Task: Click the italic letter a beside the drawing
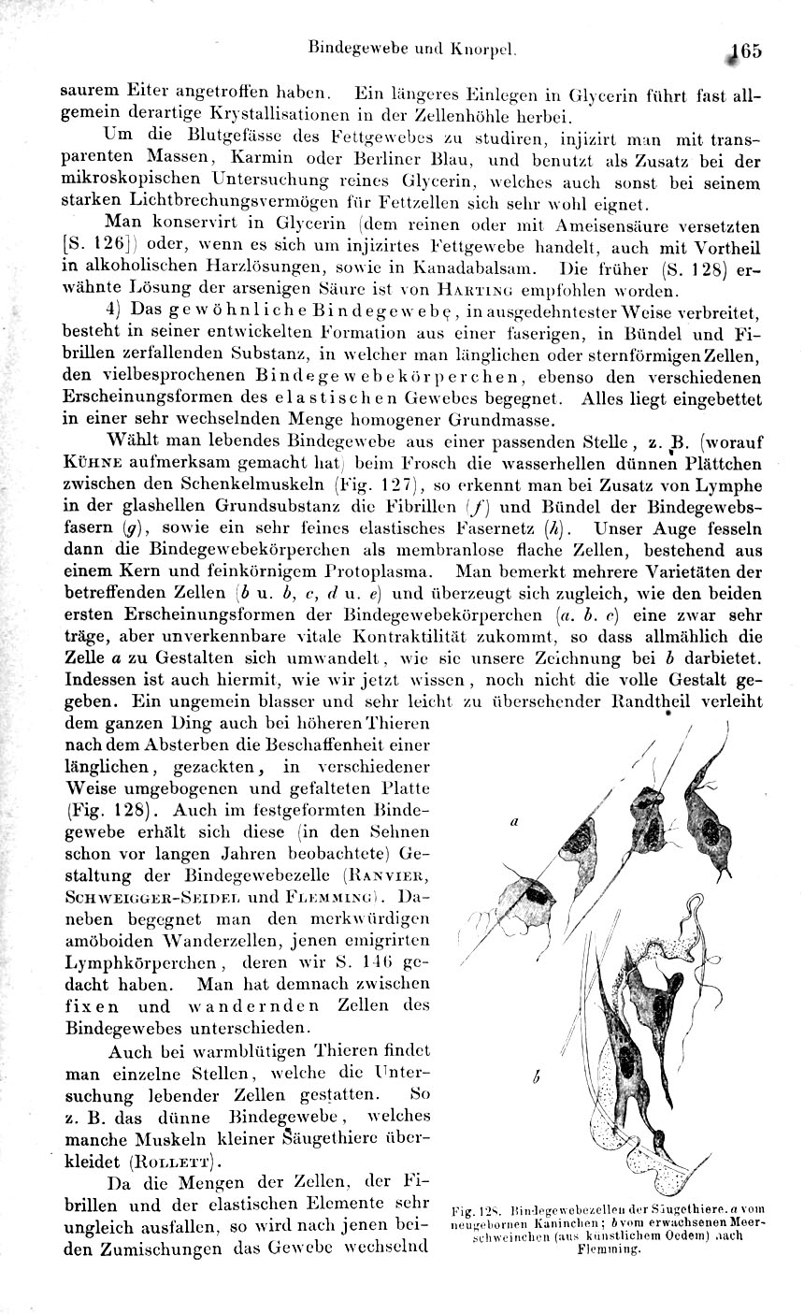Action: pyautogui.click(x=515, y=823)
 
